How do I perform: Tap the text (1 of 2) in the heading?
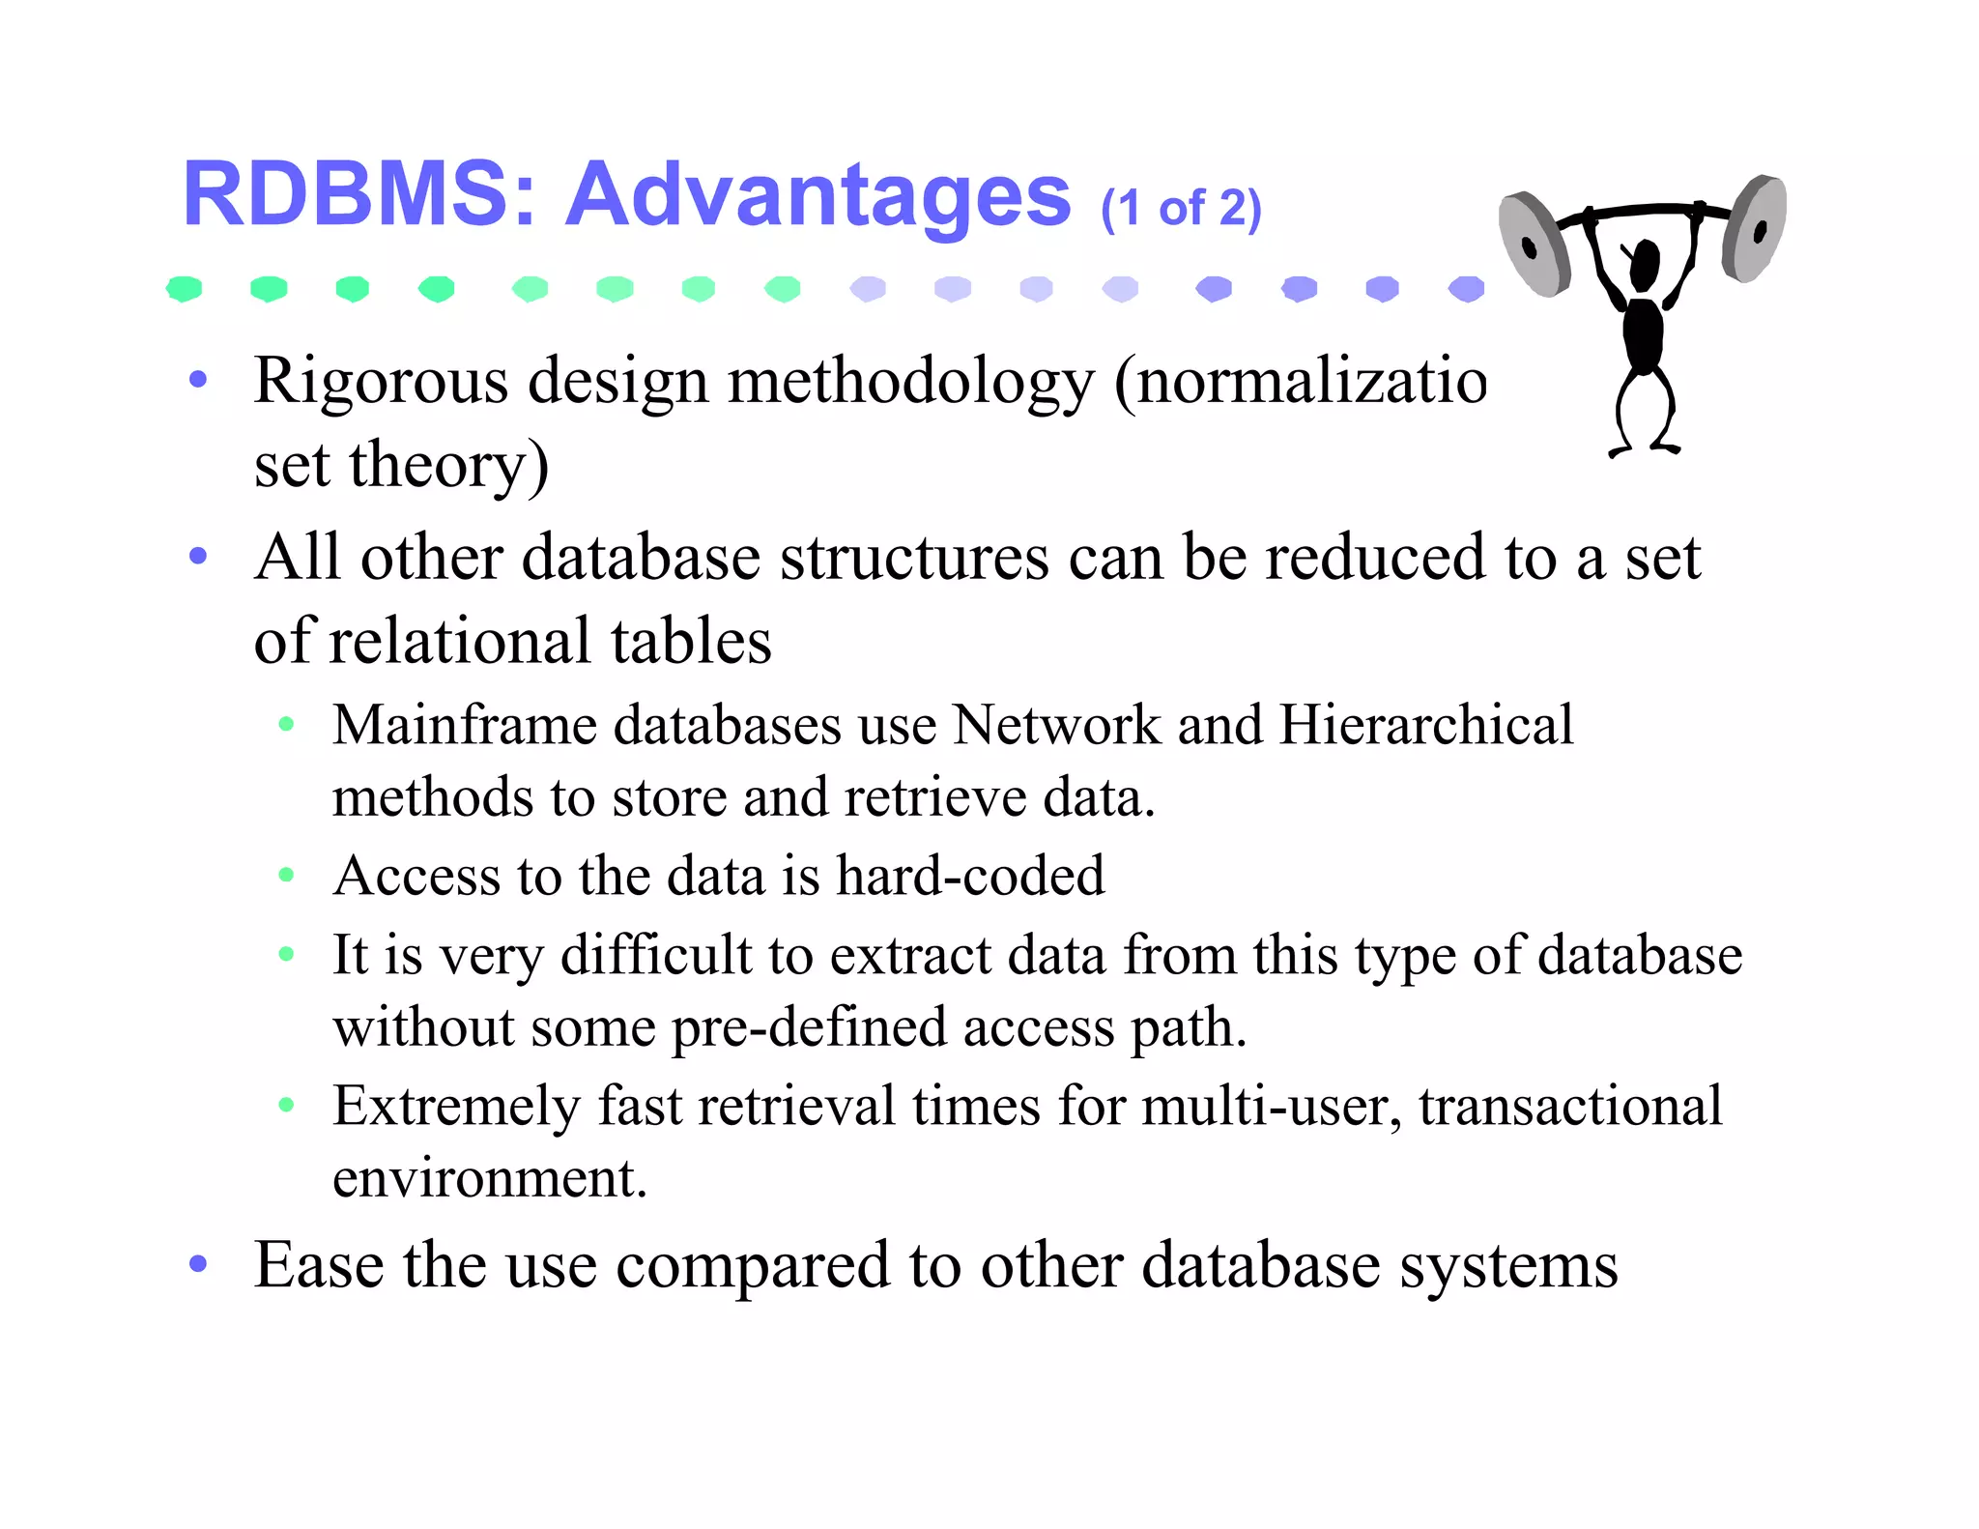(1181, 208)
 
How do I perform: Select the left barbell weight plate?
(1535, 245)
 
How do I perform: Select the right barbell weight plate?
(1755, 228)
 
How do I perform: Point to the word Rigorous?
(381, 382)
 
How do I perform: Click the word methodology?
(911, 382)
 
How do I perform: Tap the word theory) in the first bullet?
(449, 466)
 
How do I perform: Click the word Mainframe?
(465, 725)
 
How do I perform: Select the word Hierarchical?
(1426, 725)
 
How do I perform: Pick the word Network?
(1056, 725)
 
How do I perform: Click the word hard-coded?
(970, 876)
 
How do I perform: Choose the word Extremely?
(456, 1107)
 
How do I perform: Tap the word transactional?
(1570, 1106)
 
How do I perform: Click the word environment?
(489, 1178)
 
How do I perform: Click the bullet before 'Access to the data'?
(286, 876)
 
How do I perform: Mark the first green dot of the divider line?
(184, 288)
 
